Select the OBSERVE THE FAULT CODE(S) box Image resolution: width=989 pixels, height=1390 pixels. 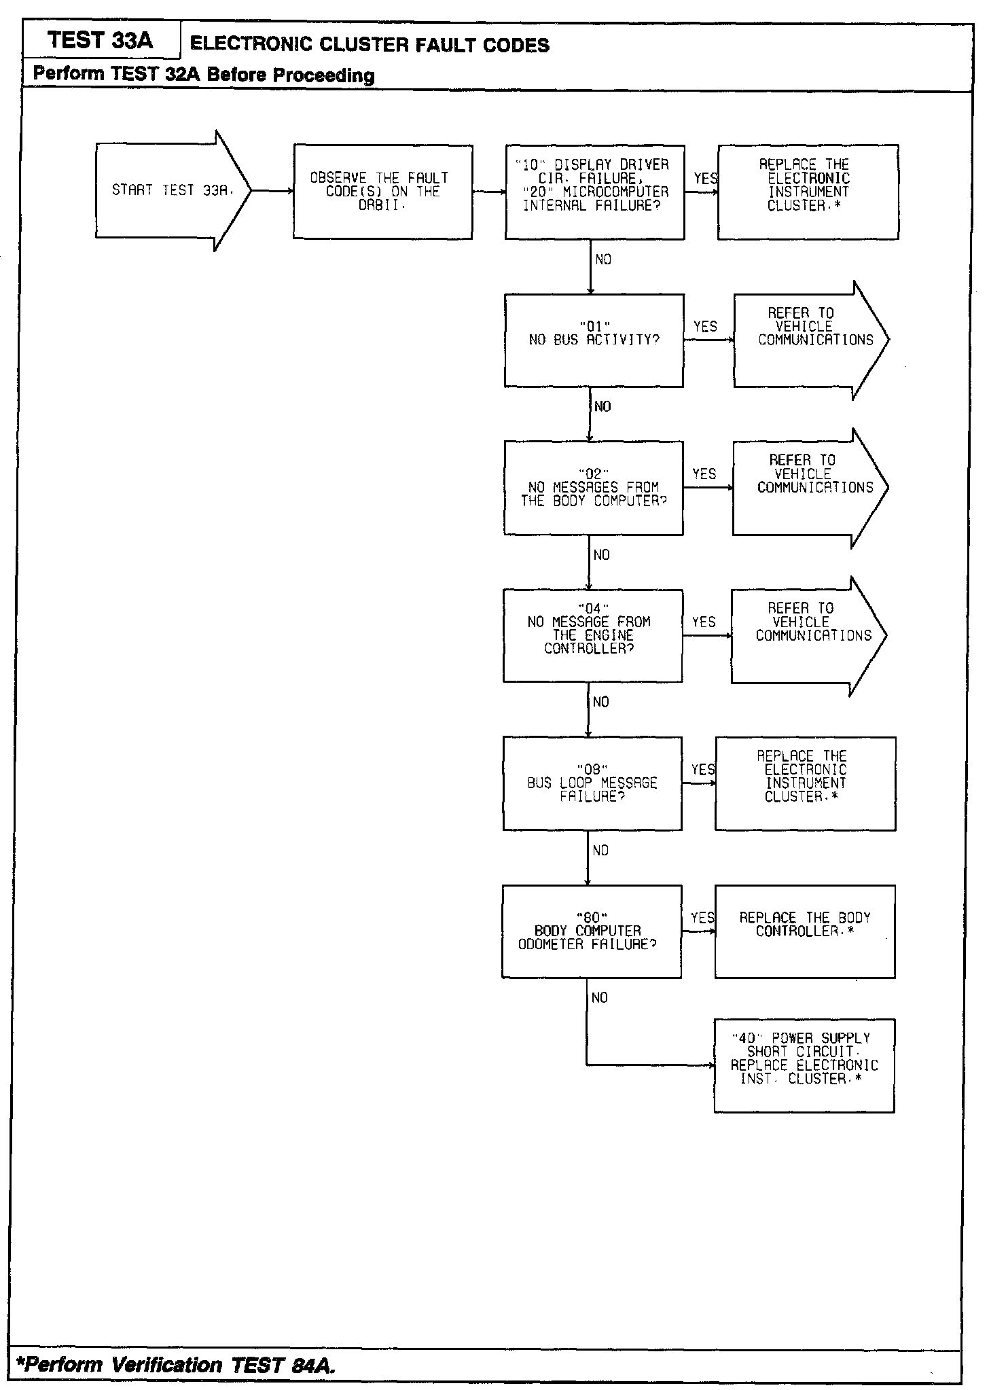[x=382, y=192]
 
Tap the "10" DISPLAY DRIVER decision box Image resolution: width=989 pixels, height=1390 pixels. [x=594, y=192]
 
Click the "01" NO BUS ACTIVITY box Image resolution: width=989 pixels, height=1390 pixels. [x=594, y=340]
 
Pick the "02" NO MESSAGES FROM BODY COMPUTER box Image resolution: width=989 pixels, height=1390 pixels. [x=593, y=488]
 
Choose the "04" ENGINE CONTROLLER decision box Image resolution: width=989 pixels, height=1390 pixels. [x=592, y=635]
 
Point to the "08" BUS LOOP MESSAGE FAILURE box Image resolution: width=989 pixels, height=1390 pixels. [x=592, y=783]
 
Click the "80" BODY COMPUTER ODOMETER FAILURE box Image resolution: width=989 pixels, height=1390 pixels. [x=591, y=931]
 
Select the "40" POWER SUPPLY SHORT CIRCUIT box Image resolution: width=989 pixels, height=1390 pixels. [x=804, y=1065]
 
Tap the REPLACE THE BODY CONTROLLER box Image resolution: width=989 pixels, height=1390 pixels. [x=805, y=931]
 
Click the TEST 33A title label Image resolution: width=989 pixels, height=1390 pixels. [x=101, y=41]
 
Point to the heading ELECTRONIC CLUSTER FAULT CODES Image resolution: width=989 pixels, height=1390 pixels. [x=370, y=46]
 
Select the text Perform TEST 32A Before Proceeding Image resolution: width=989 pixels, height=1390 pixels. [x=204, y=74]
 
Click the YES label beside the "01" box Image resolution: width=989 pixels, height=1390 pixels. [x=705, y=327]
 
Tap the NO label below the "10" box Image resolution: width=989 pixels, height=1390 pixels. [x=603, y=260]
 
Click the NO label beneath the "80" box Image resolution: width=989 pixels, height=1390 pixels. [x=600, y=998]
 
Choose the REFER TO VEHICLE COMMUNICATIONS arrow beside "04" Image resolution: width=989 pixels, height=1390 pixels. [x=808, y=635]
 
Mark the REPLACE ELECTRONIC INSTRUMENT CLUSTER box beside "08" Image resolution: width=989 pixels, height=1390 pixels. [x=805, y=783]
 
